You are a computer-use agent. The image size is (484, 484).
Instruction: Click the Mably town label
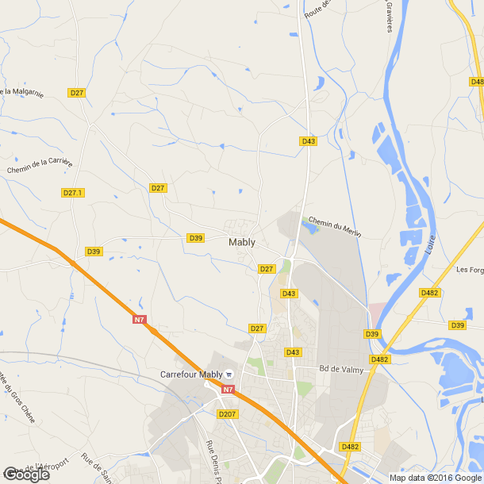pyautogui.click(x=241, y=243)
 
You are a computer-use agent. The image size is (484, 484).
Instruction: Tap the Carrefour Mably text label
pyautogui.click(x=191, y=375)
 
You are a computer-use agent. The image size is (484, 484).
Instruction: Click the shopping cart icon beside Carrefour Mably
pyautogui.click(x=229, y=375)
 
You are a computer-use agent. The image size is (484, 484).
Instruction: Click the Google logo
pyautogui.click(x=26, y=474)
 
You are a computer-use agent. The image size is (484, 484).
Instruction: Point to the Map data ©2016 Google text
pyautogui.click(x=436, y=477)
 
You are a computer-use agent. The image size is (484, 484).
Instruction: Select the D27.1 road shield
pyautogui.click(x=72, y=193)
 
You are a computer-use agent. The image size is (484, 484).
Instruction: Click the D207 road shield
pyautogui.click(x=228, y=414)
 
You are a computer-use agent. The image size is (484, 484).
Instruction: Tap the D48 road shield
pyautogui.click(x=477, y=82)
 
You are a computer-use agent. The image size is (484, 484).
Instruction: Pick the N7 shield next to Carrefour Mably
pyautogui.click(x=228, y=390)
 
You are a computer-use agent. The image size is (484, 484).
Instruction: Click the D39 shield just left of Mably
pyautogui.click(x=196, y=238)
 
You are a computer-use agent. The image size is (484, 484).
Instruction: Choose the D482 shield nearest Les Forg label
pyautogui.click(x=429, y=293)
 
